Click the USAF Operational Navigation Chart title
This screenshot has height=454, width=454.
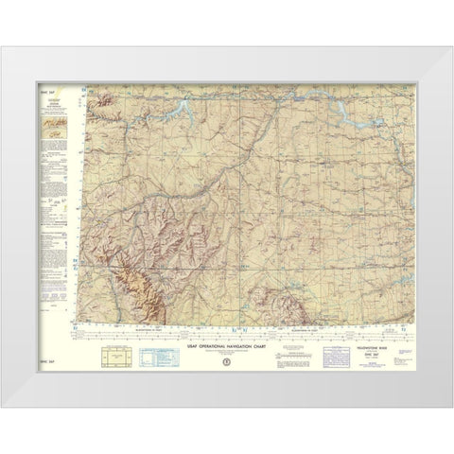click(x=225, y=345)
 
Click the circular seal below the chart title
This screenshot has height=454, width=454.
click(x=225, y=358)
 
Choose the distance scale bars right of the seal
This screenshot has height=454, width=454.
click(x=265, y=359)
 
